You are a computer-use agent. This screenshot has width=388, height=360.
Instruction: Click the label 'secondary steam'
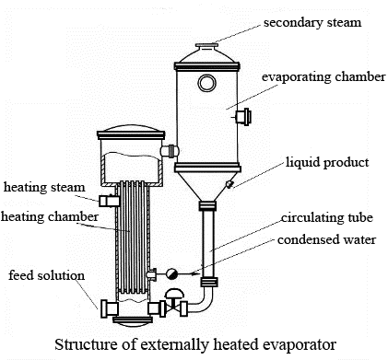pos(312,22)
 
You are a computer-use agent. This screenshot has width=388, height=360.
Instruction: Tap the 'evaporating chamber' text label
pos(323,76)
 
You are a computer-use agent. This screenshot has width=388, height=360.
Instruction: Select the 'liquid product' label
pos(326,162)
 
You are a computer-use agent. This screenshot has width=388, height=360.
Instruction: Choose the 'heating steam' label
pos(43,187)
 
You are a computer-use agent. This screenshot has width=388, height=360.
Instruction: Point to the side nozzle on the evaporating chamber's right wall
pos(243,117)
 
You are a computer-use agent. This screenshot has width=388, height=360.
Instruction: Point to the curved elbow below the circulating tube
pos(205,299)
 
